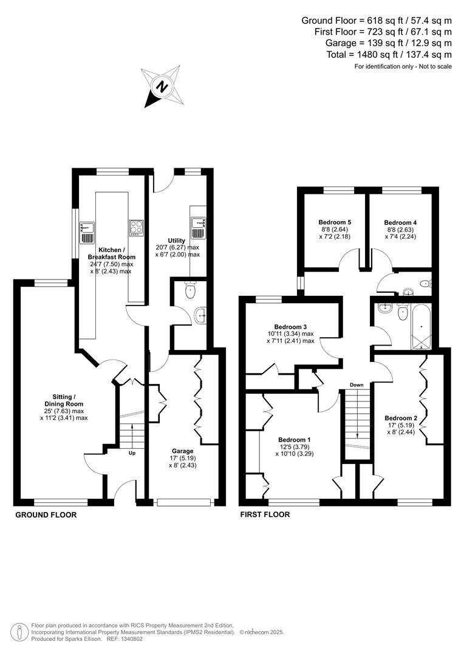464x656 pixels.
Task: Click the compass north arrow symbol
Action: (162, 87)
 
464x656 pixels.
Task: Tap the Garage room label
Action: (182, 451)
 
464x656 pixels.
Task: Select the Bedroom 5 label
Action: (334, 222)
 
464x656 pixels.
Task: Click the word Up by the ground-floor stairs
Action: (131, 453)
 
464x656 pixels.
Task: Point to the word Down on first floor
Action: (357, 385)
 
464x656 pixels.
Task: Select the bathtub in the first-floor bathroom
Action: (421, 327)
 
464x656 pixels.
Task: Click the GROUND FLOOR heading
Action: (46, 515)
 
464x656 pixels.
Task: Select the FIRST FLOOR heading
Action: (265, 515)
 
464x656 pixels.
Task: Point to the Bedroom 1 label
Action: (295, 440)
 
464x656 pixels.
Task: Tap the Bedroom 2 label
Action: (401, 418)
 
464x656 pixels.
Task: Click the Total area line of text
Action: (389, 54)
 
